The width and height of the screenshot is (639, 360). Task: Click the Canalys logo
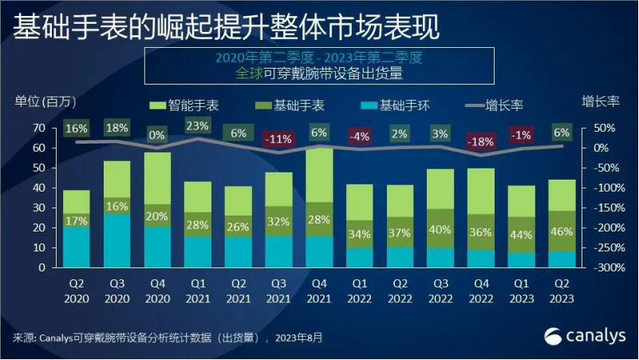coord(586,335)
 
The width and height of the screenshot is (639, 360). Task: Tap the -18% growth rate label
coord(481,141)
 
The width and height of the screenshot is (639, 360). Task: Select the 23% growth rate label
coord(197,126)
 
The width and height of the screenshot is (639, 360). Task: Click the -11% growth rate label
coord(278,139)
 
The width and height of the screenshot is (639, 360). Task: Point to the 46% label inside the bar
coord(562,232)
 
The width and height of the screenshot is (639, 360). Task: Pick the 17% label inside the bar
coord(77,220)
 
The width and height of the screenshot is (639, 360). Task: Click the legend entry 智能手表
coord(188,105)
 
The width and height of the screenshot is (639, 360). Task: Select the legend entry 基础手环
coord(398,105)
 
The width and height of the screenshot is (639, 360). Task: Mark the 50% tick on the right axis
coord(605,128)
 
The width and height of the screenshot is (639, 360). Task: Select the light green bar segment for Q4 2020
coord(157,178)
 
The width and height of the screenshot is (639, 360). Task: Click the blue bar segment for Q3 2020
coord(117,239)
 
